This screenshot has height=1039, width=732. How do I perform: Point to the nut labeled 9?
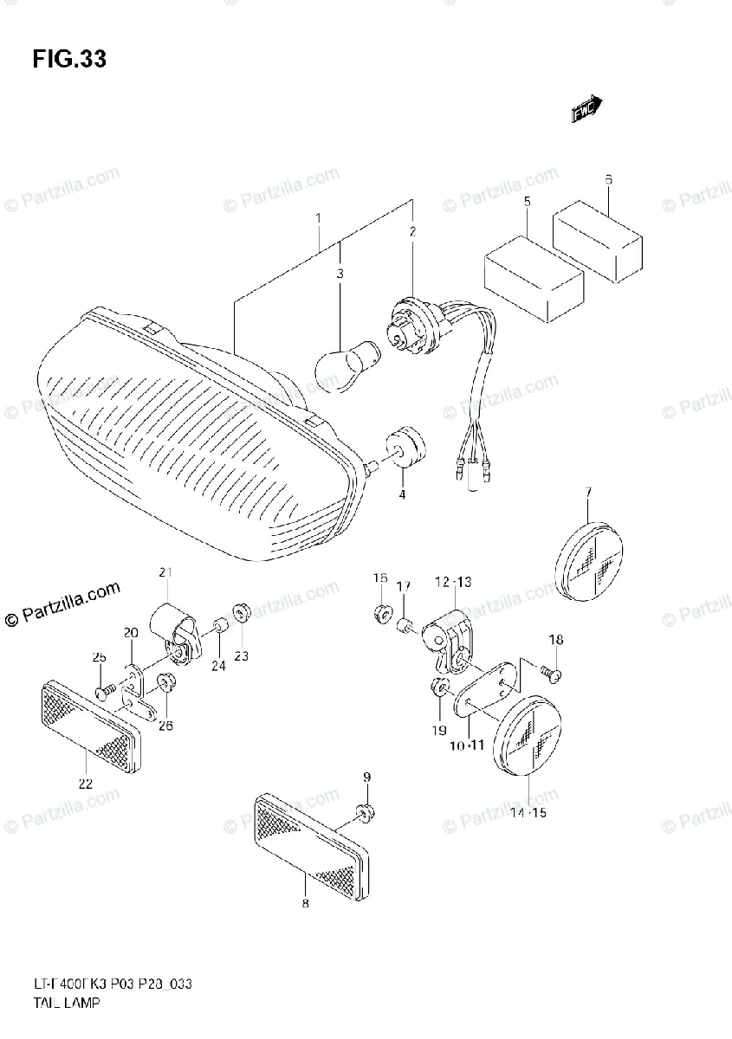pos(365,812)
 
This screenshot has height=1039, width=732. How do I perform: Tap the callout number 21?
pos(165,571)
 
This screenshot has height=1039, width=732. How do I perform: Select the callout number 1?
pos(318,218)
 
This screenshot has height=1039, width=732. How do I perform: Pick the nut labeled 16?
pos(380,614)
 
